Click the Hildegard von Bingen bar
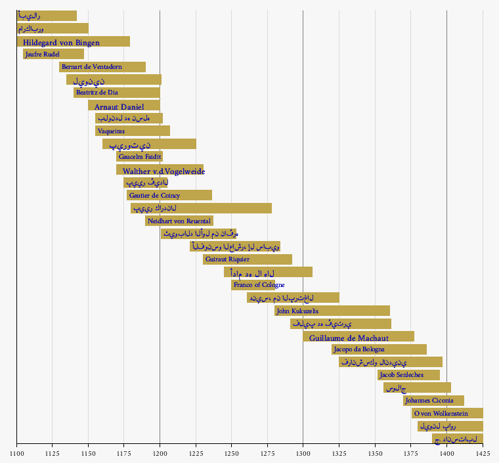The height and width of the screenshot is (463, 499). (74, 42)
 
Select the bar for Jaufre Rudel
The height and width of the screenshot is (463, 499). (54, 55)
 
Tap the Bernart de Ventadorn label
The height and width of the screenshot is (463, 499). (92, 67)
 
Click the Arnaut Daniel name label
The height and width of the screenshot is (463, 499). (119, 106)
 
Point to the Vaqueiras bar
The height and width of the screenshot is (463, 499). (133, 131)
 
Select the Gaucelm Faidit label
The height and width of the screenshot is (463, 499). (140, 157)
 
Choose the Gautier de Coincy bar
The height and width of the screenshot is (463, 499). (169, 195)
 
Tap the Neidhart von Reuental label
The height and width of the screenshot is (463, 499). (179, 221)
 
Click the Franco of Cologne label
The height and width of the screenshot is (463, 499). (259, 285)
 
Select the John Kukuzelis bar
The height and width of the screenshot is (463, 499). (332, 311)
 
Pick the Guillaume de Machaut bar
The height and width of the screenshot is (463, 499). (358, 337)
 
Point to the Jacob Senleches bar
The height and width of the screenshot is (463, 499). (408, 375)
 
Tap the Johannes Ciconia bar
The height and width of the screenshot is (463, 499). (433, 401)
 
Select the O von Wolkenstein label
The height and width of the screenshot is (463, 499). (441, 414)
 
